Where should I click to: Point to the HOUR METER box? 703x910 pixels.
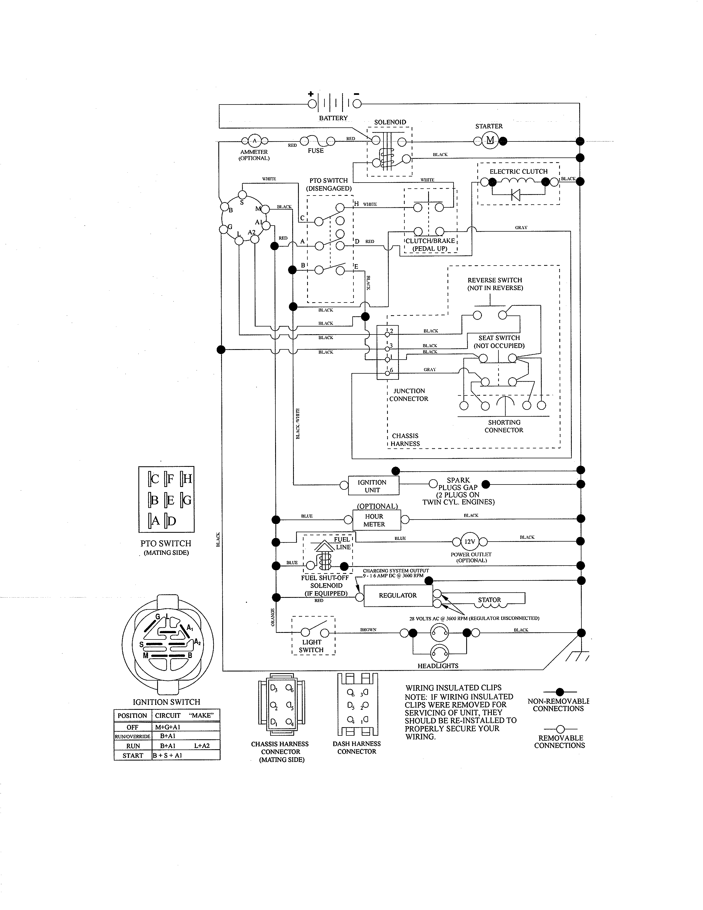tap(374, 520)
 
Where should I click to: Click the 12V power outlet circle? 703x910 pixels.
tap(469, 542)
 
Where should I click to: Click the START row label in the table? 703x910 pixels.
tap(133, 755)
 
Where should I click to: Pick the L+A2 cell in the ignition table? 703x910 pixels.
tap(202, 746)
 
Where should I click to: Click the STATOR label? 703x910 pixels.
tap(489, 600)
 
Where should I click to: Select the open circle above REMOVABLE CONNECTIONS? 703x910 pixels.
tap(560, 729)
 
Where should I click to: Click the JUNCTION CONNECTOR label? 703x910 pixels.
tap(409, 395)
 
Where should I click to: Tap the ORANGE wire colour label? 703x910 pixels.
tap(273, 617)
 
